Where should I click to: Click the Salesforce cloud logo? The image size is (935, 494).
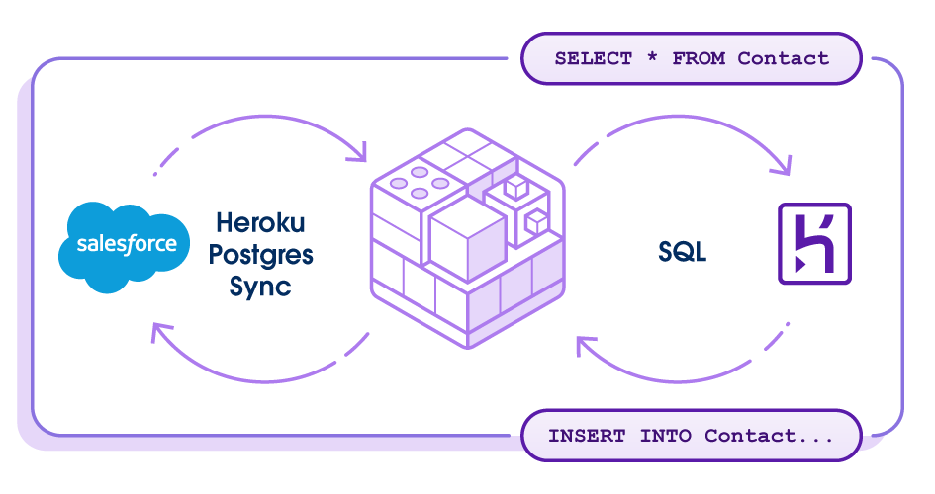pos(124,245)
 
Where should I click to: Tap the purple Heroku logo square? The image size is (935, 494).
pos(814,244)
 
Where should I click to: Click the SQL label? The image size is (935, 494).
pos(683,252)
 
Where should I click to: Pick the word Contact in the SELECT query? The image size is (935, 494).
pos(783,58)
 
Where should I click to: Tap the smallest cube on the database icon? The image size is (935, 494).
pos(534,220)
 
